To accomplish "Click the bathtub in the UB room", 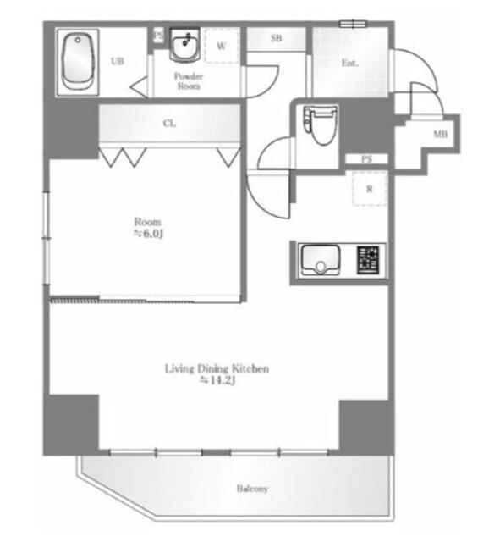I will [x=80, y=62].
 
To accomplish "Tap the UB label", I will [x=118, y=61].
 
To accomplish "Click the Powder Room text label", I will [x=188, y=81].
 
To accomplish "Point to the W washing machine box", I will [x=222, y=47].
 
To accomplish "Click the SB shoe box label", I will [x=276, y=39].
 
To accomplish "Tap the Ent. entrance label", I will [x=349, y=63].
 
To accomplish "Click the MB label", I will [x=440, y=135].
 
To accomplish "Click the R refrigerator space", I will [x=369, y=190].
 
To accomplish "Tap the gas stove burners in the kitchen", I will [x=369, y=259].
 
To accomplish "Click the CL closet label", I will [x=169, y=124].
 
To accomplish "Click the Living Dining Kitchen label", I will [x=217, y=368].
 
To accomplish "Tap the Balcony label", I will [x=252, y=489].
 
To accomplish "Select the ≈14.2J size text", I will [x=217, y=381].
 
